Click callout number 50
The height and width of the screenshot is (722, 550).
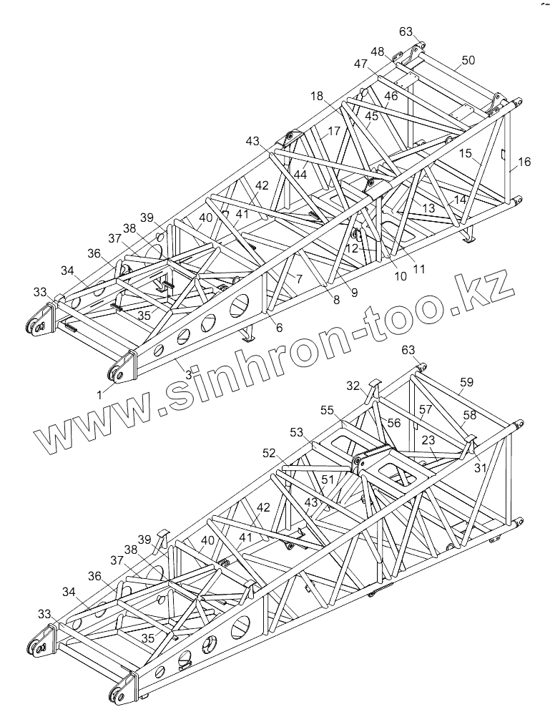(x=468, y=61)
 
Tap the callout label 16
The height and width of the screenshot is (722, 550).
(x=524, y=162)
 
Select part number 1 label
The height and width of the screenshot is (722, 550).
(x=100, y=391)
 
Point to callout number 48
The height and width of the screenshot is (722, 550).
(x=377, y=52)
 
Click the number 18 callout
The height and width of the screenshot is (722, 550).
(x=317, y=96)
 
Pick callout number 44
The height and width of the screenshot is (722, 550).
(x=300, y=173)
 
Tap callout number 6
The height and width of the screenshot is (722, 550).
(x=279, y=328)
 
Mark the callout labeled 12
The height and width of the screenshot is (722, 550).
(x=353, y=248)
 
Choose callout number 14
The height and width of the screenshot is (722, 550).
(x=461, y=200)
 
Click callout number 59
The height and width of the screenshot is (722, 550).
(x=466, y=383)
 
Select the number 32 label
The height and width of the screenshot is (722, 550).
(x=353, y=386)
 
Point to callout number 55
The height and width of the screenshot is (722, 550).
(x=327, y=410)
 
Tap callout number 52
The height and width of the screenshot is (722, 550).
(x=269, y=453)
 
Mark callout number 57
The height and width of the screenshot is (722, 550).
(x=426, y=409)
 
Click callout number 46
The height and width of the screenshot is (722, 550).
(x=391, y=96)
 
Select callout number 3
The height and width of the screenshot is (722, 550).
(x=188, y=374)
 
